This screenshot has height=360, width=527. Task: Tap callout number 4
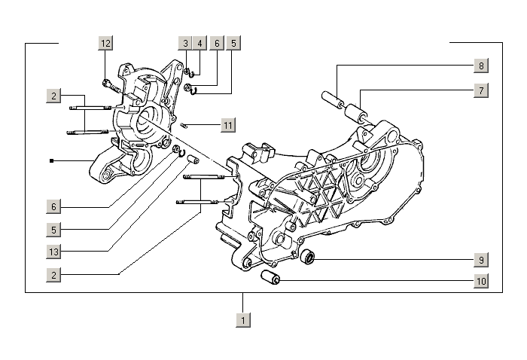coord(200,43)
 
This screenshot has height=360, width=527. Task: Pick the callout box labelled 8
coord(480,66)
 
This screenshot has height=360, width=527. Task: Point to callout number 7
coord(480,90)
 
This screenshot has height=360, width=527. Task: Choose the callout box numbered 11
coord(228,125)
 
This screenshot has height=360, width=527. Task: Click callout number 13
coord(53,251)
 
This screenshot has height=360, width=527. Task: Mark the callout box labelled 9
coord(480,261)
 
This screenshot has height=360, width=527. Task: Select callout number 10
coord(480,282)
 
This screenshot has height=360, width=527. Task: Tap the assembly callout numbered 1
coord(242,320)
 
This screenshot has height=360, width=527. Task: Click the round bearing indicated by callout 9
coord(307,260)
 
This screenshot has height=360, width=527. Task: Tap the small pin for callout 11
coord(184,125)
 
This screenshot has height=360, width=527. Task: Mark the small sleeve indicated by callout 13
coord(193,160)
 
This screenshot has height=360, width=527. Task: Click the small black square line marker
coord(51,160)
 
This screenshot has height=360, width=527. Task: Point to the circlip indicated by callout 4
coord(193,73)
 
